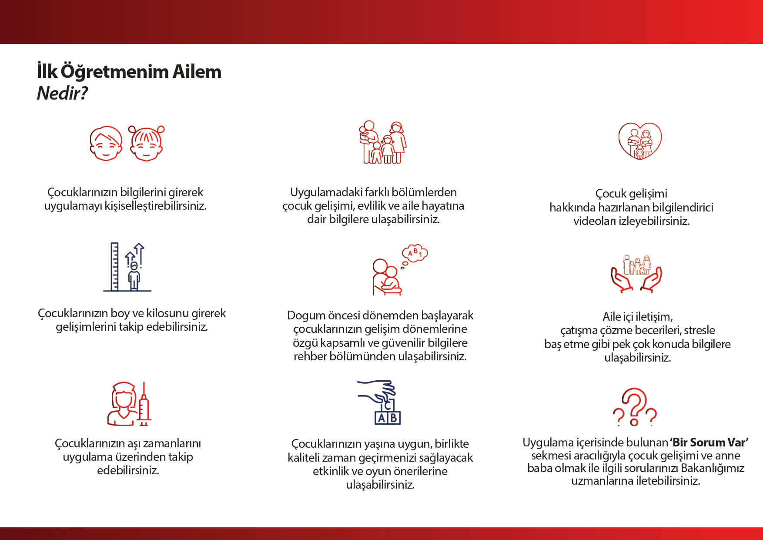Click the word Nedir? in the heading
pos(63,93)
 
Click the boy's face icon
pos(106,144)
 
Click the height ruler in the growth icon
pos(114,266)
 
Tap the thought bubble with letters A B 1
pos(415,253)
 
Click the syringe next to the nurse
pos(144,404)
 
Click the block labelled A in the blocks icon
pos(381,418)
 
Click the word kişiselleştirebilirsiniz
pos(155,206)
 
